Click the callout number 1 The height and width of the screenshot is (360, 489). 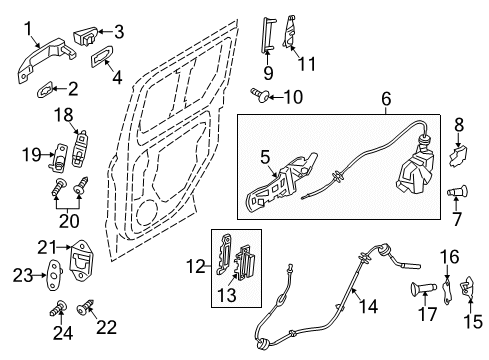(x=29, y=28)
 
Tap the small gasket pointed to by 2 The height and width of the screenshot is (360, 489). (x=45, y=89)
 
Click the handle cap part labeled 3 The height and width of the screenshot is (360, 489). (x=86, y=36)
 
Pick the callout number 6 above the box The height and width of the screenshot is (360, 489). (x=386, y=99)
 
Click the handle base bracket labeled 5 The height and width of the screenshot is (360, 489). (x=282, y=182)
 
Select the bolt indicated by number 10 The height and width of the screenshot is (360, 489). (x=260, y=95)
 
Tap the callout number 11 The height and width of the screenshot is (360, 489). (x=307, y=64)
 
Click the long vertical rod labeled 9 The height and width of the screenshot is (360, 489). (x=267, y=35)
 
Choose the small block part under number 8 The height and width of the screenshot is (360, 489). (x=458, y=156)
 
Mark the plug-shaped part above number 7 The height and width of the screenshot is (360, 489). (x=457, y=192)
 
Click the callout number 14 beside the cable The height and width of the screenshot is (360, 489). (x=368, y=306)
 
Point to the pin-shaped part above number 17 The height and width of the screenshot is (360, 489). (x=423, y=288)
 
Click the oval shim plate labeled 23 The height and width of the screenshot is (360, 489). (x=55, y=275)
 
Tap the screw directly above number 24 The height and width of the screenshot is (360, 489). (x=59, y=308)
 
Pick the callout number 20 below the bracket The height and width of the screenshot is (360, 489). (x=69, y=221)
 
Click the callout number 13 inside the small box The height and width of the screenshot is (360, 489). (x=227, y=295)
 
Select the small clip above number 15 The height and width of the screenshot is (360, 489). (x=468, y=287)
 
